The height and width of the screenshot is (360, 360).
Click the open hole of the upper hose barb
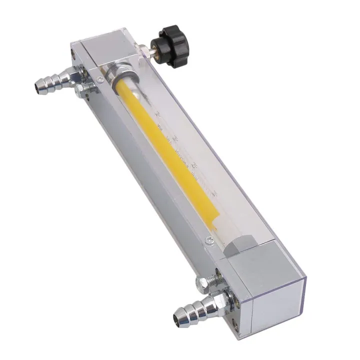[38, 88]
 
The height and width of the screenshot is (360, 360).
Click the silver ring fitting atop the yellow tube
[122, 77]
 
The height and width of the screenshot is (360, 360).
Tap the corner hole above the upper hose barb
[74, 56]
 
